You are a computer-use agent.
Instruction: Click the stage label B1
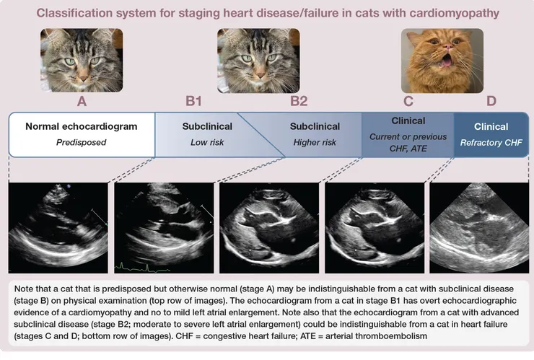(193, 101)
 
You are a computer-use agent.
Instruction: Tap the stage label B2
(299, 101)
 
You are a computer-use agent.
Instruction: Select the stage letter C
(408, 101)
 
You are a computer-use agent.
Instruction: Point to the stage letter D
(491, 101)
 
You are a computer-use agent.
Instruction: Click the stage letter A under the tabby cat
(82, 101)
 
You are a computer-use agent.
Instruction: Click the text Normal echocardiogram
(82, 126)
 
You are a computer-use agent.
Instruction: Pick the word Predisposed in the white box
(81, 142)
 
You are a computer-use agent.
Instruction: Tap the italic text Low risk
(207, 142)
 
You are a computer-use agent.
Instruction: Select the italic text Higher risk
(315, 142)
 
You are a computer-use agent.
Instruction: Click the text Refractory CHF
(491, 142)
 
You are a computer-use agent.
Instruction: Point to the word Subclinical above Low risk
(207, 126)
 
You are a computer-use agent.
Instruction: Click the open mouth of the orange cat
(446, 61)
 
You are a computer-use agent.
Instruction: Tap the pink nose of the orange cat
(448, 46)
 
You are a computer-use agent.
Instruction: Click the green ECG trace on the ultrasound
(142, 268)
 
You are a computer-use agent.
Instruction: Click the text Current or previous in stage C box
(408, 136)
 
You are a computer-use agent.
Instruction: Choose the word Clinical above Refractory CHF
(491, 126)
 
